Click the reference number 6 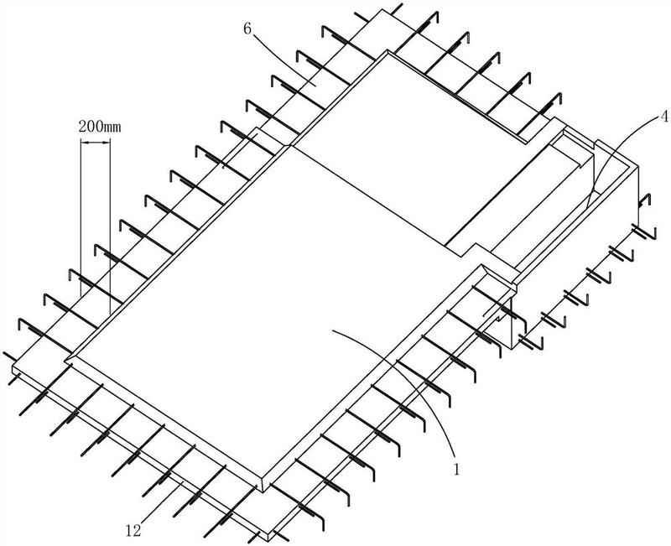247,29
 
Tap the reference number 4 663,116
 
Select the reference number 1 456,469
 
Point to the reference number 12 133,531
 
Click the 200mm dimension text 100,127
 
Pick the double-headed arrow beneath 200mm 95,143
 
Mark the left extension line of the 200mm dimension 81,217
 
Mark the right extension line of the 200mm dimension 110,226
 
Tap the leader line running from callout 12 161,502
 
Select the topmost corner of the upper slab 388,50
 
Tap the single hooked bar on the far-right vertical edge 644,200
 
